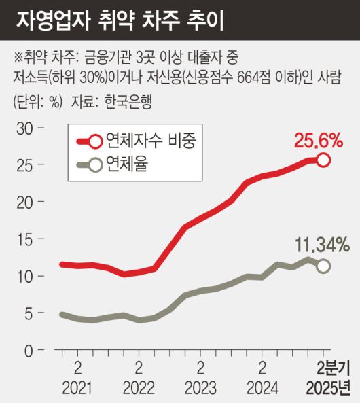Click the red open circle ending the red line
tap(323, 160)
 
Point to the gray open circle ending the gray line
tap(323, 266)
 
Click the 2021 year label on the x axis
tap(77, 389)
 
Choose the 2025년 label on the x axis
tap(329, 389)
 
